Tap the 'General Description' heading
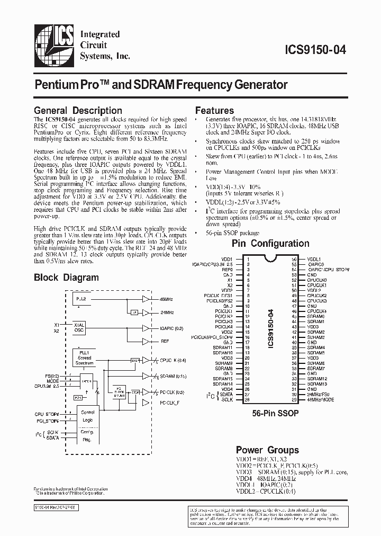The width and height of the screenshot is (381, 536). pos(78,111)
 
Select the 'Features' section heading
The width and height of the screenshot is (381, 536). pos(214,111)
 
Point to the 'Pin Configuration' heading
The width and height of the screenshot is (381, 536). pos(271,244)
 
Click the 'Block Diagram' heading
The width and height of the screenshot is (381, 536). pos(66,277)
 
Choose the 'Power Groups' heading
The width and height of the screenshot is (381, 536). pos(267,450)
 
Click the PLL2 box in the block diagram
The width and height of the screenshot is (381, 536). pos(81,299)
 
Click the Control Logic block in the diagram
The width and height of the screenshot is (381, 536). pos(87,415)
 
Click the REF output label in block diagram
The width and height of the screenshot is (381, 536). pos(164,342)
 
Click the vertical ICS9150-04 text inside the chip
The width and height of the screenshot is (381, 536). pos(270,328)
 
